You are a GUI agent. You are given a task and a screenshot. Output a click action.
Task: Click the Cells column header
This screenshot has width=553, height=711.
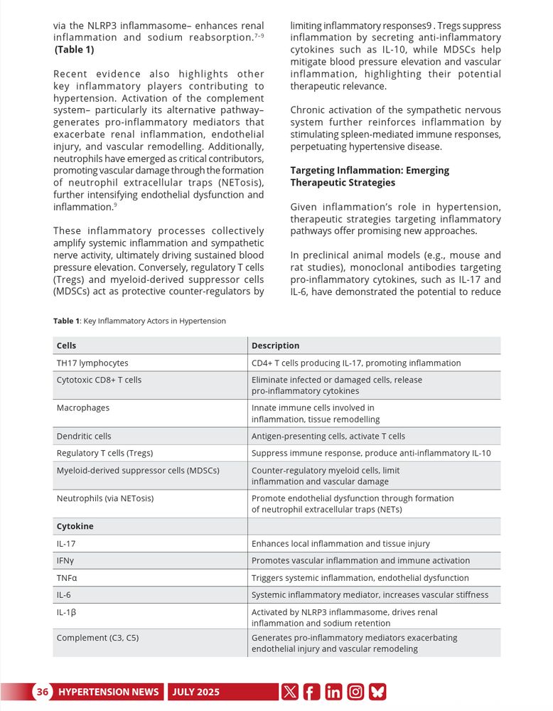click(67, 346)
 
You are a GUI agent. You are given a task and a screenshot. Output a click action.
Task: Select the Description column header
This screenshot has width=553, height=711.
click(276, 346)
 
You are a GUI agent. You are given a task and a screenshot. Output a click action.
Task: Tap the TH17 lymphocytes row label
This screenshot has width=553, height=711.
click(92, 363)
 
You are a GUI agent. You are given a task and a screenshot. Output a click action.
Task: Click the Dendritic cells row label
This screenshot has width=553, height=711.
click(84, 437)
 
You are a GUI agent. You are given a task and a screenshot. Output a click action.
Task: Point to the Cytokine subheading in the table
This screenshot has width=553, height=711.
click(75, 527)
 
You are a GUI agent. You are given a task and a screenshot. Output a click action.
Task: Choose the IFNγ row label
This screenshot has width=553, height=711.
click(66, 561)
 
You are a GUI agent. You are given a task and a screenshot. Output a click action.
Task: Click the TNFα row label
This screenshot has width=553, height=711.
click(67, 578)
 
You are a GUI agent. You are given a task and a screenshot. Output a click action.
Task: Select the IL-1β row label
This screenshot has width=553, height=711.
click(66, 612)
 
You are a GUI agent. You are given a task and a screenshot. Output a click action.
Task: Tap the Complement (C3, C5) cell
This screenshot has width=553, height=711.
click(97, 638)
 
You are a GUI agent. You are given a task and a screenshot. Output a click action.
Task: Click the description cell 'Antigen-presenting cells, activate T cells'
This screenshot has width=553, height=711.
click(328, 437)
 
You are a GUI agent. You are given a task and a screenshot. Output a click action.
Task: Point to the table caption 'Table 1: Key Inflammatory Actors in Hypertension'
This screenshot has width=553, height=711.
click(140, 321)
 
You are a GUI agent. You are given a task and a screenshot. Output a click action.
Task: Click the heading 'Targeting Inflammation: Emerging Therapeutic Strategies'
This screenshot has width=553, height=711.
click(370, 177)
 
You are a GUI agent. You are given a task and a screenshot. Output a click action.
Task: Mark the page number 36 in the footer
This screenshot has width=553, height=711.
click(43, 692)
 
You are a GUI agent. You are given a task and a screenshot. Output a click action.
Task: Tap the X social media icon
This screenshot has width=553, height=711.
click(289, 692)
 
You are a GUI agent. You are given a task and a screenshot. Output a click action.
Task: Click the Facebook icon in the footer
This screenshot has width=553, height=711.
click(311, 692)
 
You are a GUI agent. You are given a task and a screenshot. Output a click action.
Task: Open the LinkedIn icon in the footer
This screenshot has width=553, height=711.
click(333, 692)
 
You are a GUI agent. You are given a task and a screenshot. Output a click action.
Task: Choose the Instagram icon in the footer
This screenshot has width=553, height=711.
click(355, 692)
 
